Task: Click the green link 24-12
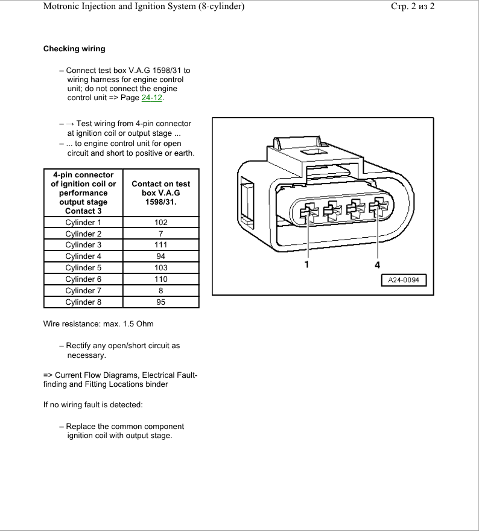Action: coord(152,98)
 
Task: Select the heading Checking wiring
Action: coord(74,49)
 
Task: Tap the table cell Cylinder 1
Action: coord(83,223)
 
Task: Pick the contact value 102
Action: coord(160,223)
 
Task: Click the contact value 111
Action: coord(160,245)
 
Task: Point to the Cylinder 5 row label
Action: coord(83,268)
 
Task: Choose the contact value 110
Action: coord(160,279)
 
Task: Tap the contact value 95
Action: coord(160,302)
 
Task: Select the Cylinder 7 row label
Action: coord(83,291)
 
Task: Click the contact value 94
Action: coord(160,256)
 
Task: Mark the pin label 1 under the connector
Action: coord(307,264)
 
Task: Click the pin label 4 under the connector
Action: coord(378,264)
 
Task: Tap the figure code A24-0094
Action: coord(404,281)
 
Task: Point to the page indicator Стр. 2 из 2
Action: coord(413,7)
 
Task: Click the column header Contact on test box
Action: coord(160,192)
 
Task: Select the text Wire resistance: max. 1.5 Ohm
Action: coord(98,324)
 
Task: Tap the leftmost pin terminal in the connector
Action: coord(308,212)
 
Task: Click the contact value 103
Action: coord(160,268)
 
